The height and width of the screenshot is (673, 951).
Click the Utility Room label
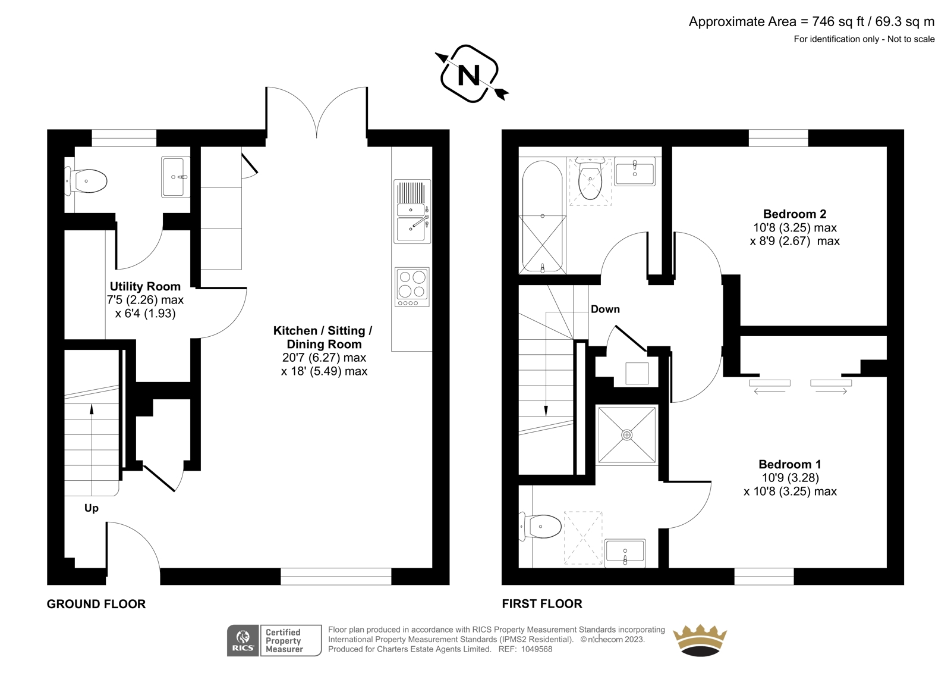tap(145, 286)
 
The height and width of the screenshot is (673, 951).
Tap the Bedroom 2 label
tap(795, 214)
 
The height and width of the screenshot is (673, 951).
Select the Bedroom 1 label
tap(790, 464)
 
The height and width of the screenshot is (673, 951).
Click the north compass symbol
tap(471, 74)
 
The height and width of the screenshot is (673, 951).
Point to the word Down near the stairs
tap(605, 309)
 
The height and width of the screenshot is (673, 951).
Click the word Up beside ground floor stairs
tap(92, 508)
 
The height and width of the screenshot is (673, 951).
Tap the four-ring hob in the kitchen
tap(412, 287)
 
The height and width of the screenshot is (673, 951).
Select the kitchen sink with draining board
tap(412, 211)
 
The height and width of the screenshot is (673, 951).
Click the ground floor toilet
tap(86, 181)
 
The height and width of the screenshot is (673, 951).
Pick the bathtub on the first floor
tap(543, 216)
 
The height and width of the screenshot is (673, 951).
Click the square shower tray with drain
tap(626, 434)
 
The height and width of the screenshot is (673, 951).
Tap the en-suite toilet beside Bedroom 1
tap(540, 527)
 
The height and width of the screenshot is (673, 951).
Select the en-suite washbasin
tap(625, 553)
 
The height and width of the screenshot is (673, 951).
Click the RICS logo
tap(243, 641)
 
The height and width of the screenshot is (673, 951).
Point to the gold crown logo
tap(700, 640)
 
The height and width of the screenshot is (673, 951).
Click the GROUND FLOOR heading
tap(96, 604)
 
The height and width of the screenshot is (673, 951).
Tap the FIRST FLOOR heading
tap(542, 604)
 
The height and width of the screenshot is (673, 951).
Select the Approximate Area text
tap(811, 21)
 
